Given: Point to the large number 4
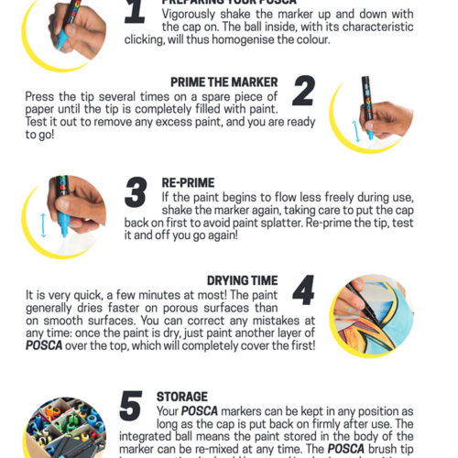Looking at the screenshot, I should (303, 289).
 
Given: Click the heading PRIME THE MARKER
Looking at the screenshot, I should (224, 82).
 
